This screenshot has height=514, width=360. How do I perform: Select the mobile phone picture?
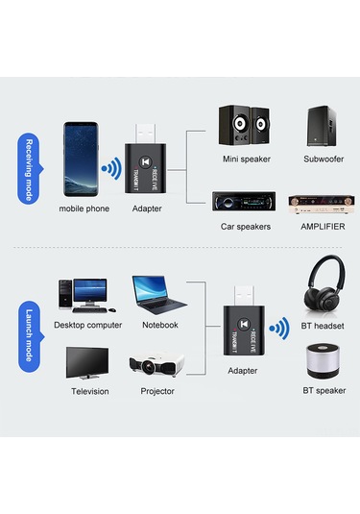84,159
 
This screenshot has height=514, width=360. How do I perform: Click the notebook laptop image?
157,294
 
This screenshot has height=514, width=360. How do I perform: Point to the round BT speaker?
323,363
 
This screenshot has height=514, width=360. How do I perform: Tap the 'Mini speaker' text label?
246,159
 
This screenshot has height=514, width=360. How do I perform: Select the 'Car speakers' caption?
246,227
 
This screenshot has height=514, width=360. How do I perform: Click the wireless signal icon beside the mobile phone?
112,172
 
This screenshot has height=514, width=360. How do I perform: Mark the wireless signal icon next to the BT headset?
278,330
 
